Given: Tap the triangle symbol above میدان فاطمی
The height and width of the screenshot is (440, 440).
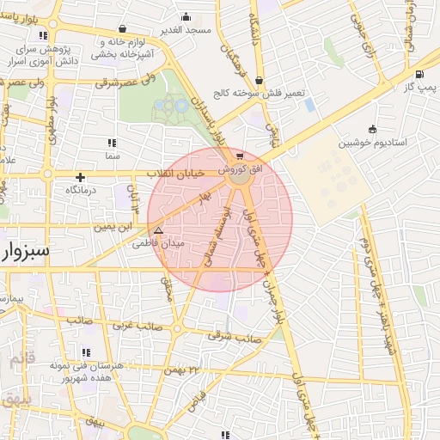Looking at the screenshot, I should [157, 231].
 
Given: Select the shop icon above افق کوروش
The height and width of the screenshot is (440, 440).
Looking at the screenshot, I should [239, 156].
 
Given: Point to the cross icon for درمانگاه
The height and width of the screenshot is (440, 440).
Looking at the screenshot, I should [80, 177].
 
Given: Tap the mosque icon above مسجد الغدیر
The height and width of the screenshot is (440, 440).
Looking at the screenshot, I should [186, 17].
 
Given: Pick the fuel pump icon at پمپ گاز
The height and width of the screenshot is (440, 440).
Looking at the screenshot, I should [419, 74].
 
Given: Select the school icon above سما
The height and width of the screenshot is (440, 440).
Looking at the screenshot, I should [111, 143].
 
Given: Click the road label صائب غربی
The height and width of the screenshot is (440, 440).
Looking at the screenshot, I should [130, 327].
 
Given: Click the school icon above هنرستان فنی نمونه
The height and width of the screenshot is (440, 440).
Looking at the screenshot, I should [87, 351].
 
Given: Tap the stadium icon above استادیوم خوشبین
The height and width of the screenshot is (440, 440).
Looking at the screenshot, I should [371, 129].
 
